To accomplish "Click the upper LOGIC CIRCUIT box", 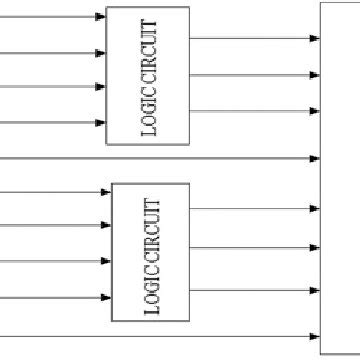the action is click(147, 76).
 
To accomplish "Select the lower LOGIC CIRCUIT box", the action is click(150, 252).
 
